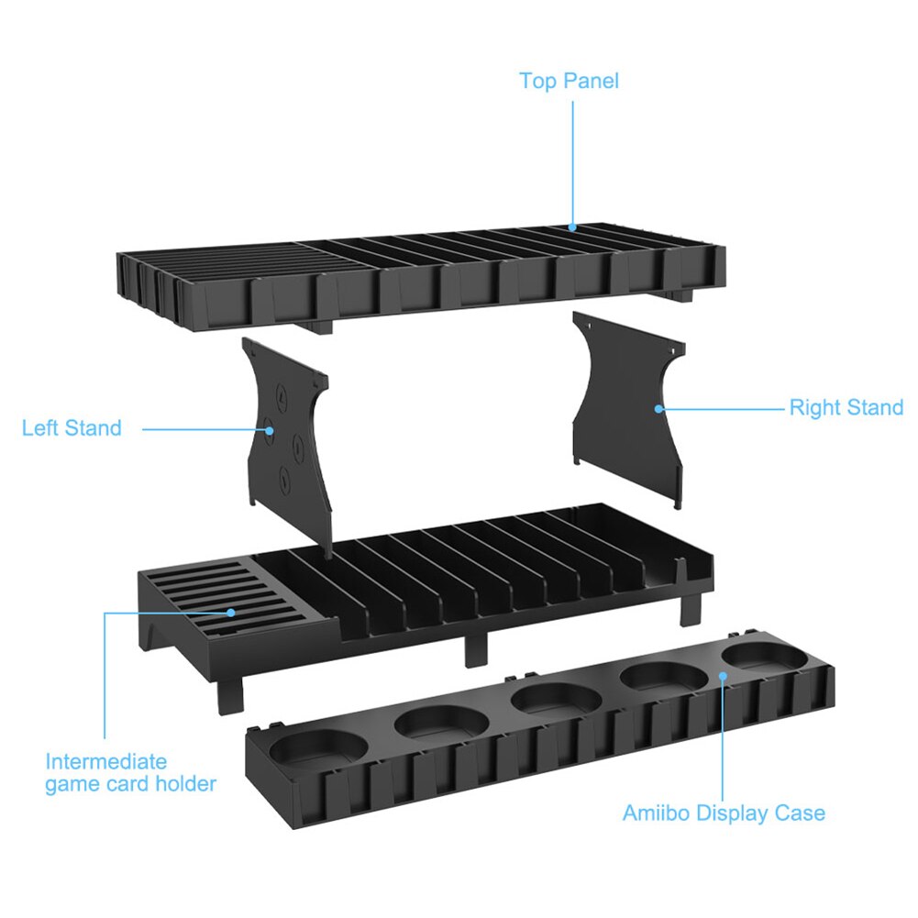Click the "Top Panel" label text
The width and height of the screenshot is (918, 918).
(x=569, y=81)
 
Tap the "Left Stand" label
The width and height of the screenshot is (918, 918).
(x=72, y=428)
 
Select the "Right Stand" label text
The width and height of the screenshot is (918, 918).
(x=846, y=407)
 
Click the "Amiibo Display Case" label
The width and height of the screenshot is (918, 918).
(x=724, y=813)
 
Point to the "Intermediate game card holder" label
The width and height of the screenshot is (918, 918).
(x=130, y=773)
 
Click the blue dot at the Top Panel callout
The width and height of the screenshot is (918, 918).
(x=572, y=227)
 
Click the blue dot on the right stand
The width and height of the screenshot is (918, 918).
(x=658, y=407)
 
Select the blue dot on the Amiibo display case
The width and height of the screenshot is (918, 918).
(x=723, y=676)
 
